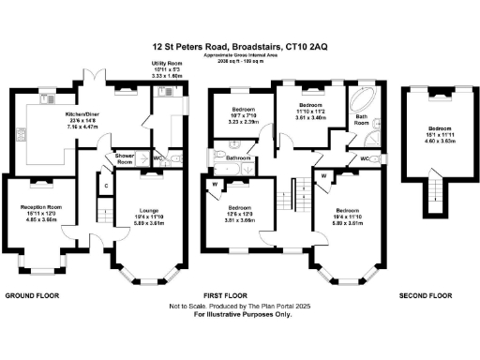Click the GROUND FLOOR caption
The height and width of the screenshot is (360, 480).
(34, 294)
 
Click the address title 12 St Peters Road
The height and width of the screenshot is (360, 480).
(239, 44)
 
